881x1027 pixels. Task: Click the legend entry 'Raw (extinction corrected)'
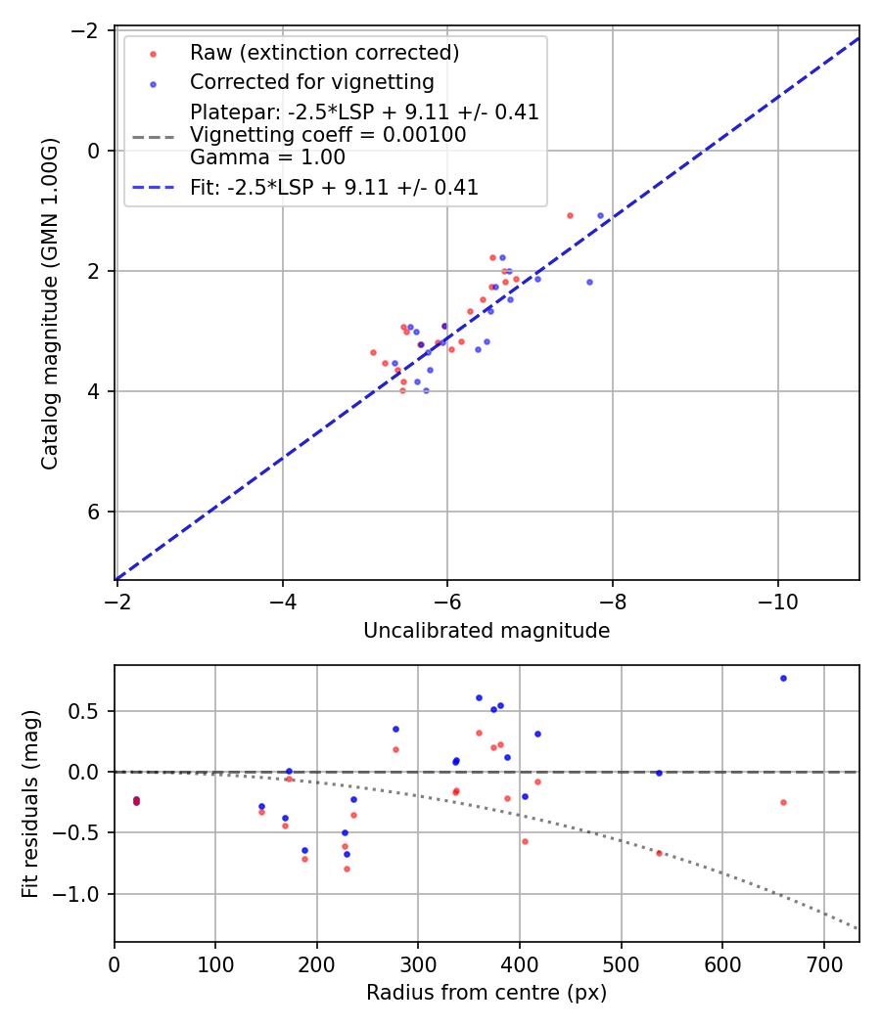tap(324, 53)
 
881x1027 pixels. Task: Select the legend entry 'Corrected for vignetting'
tap(311, 81)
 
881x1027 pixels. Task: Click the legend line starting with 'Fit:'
tap(334, 188)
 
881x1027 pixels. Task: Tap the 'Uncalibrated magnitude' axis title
tap(487, 632)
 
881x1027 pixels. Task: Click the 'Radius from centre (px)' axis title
tap(487, 993)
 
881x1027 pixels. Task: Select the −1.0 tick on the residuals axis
tap(86, 894)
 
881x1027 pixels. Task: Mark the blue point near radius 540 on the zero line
tap(659, 773)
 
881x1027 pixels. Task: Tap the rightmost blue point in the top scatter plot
tap(601, 215)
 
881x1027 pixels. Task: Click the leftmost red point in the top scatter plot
tap(373, 352)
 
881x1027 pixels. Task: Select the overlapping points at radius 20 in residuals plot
tap(136, 801)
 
